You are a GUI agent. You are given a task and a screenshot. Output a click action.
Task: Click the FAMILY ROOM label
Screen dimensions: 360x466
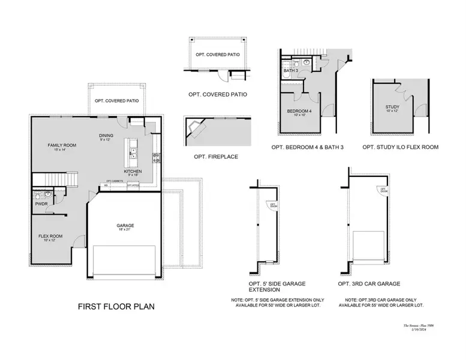[x=62, y=145]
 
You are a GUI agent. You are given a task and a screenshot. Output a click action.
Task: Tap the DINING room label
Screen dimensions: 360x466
[x=106, y=136]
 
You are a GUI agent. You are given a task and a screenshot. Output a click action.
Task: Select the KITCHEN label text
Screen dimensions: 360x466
[x=133, y=172]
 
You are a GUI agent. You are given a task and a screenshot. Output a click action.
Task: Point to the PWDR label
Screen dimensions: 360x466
[x=41, y=204]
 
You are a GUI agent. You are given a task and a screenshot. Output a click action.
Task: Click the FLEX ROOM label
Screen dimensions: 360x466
[x=51, y=236]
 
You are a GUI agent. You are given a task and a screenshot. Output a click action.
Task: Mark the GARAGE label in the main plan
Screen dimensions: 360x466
[x=125, y=226]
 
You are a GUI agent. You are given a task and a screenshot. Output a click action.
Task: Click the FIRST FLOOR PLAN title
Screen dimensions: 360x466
[x=116, y=306]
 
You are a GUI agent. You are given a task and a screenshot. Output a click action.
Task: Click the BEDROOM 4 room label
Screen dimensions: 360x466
[x=299, y=112]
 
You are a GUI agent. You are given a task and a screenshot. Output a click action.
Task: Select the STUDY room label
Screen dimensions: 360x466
[x=392, y=107]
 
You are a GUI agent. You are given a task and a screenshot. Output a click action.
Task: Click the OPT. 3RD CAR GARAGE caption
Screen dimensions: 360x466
[x=369, y=283]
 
